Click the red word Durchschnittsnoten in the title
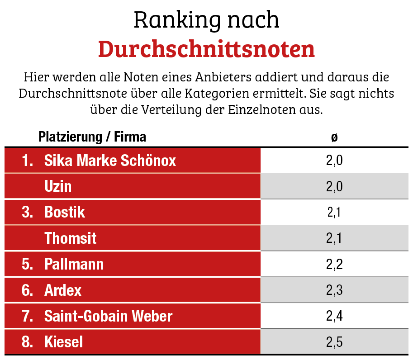click(x=206, y=49)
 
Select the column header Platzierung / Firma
click(x=92, y=137)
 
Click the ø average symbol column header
click(x=334, y=137)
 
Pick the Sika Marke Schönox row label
click(x=110, y=161)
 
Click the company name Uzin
click(x=58, y=186)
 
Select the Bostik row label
click(x=65, y=212)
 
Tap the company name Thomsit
click(x=70, y=238)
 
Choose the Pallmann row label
click(x=74, y=264)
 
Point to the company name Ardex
click(x=63, y=290)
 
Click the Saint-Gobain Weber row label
click(x=108, y=316)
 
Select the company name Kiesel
click(x=64, y=342)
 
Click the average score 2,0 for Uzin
click(x=334, y=186)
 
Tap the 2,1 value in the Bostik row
click(x=334, y=212)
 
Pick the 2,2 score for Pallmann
click(x=334, y=264)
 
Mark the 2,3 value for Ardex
click(x=334, y=290)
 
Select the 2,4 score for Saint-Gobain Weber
click(x=334, y=316)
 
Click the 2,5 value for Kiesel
click(x=334, y=342)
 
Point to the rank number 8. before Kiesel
click(x=28, y=342)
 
